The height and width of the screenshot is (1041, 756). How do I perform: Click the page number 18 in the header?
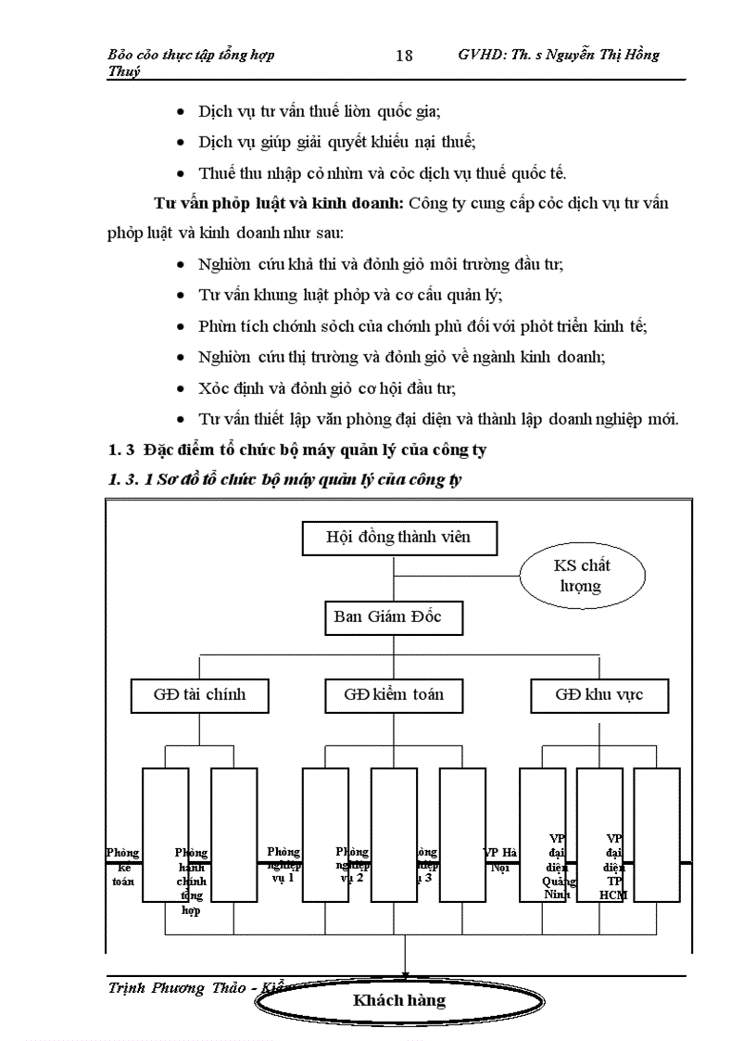click(404, 56)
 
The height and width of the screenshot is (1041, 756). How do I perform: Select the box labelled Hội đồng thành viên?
click(398, 537)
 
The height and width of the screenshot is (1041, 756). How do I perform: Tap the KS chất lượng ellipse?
click(582, 576)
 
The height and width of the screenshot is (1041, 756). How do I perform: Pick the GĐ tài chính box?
click(187, 694)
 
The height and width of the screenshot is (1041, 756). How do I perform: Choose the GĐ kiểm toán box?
click(393, 694)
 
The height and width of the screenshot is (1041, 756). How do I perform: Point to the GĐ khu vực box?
click(598, 694)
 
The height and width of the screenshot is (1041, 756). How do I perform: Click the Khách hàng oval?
click(398, 1001)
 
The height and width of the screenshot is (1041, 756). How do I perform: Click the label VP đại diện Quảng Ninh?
click(557, 866)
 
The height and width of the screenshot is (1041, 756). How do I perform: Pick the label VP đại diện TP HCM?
click(613, 866)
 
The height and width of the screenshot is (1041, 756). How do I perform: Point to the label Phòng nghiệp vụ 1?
click(283, 864)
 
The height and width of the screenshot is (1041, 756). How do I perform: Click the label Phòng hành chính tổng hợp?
click(192, 881)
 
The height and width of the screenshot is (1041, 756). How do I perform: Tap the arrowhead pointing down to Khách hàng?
click(405, 970)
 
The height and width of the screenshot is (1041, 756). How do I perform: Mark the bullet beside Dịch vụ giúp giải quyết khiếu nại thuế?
click(180, 142)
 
